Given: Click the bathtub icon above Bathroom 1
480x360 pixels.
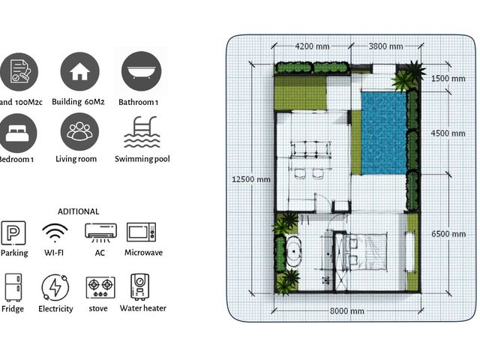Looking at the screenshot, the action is [141, 71].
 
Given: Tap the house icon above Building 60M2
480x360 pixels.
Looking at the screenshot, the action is [80, 71].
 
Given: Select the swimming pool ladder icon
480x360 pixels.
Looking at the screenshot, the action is [142, 132].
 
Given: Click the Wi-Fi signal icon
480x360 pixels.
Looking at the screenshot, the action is [55, 233].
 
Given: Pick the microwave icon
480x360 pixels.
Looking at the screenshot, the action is [142, 232].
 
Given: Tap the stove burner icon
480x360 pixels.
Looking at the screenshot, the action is [100, 287].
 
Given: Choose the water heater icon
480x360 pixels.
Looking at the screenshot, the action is [140, 286].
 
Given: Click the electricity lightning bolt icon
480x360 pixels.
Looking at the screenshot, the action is [55, 288].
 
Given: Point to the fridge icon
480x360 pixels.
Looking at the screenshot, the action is [13, 287].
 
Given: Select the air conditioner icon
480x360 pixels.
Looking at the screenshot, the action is [100, 232].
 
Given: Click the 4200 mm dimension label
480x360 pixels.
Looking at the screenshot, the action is [312, 46].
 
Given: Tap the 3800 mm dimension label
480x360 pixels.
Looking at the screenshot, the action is [385, 46].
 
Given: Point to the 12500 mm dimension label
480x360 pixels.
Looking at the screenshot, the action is [251, 179].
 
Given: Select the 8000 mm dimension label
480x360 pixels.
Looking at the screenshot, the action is [347, 311].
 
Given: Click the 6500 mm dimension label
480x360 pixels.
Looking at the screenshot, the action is [448, 234].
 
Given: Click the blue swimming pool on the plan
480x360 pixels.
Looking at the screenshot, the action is [384, 133].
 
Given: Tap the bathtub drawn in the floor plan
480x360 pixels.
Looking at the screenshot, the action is [293, 252].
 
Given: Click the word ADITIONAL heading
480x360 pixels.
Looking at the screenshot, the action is [78, 211].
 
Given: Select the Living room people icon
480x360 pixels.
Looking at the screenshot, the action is [79, 132].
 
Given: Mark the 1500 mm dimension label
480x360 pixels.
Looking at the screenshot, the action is [448, 78].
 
